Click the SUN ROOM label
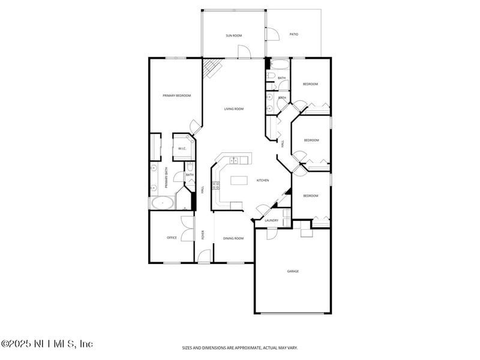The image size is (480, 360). [233, 36]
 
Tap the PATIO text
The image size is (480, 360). [294, 35]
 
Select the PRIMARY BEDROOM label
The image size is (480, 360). [176, 95]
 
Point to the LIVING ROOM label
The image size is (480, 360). [233, 109]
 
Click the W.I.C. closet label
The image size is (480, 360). [182, 149]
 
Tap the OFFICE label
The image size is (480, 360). [172, 238]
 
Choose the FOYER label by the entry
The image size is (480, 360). [203, 234]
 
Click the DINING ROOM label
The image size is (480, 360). [234, 239]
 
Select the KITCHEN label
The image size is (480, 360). [263, 181]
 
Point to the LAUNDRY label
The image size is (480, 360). [271, 221]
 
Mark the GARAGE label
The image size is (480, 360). [293, 271]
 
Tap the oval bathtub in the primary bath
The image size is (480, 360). [163, 203]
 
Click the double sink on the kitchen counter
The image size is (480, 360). [234, 160]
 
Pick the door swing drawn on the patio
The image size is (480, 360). [273, 34]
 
